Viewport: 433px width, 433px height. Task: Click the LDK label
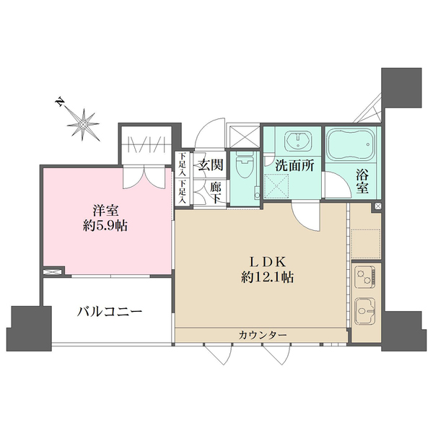point(261,261)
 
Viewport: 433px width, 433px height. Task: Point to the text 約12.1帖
point(261,276)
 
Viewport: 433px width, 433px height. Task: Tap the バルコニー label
point(110,312)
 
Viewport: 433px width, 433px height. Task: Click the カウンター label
point(263,336)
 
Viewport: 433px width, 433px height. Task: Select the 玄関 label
point(210,165)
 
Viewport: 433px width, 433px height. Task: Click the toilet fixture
point(245,167)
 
